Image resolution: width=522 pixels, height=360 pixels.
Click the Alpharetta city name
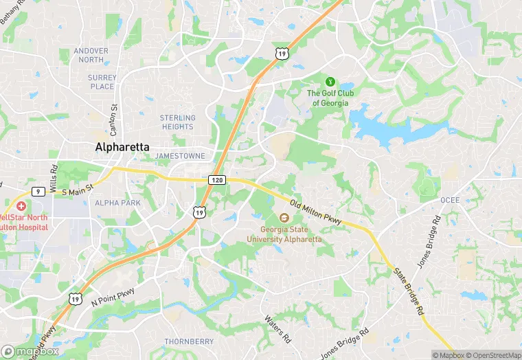pyautogui.click(x=122, y=147)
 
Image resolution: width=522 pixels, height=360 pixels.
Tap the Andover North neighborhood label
pyautogui.click(x=91, y=55)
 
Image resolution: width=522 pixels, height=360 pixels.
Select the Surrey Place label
pyautogui.click(x=102, y=82)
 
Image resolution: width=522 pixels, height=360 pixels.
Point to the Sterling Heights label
pyautogui.click(x=177, y=122)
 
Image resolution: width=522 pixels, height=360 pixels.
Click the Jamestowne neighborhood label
pyautogui.click(x=180, y=156)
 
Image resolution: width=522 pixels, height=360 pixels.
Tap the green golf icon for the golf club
pyautogui.click(x=330, y=82)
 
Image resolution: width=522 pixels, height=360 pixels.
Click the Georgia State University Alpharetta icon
pyautogui.click(x=284, y=218)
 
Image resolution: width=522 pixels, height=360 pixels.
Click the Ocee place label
pyautogui.click(x=450, y=200)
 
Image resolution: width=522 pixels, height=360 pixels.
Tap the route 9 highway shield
pyautogui.click(x=37, y=192)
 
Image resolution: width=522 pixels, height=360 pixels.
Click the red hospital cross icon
pyautogui.click(x=21, y=206)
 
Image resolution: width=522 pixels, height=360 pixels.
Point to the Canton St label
pyautogui.click(x=115, y=117)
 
